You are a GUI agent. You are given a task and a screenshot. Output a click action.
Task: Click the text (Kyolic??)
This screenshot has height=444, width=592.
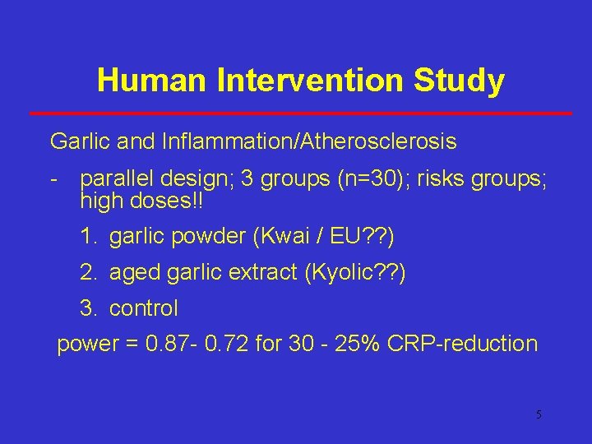354,273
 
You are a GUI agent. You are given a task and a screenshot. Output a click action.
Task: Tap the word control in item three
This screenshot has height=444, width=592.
143,308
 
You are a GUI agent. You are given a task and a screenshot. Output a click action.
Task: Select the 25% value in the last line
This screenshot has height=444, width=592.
364,344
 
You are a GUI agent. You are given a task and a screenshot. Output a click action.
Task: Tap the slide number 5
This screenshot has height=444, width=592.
539,414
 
